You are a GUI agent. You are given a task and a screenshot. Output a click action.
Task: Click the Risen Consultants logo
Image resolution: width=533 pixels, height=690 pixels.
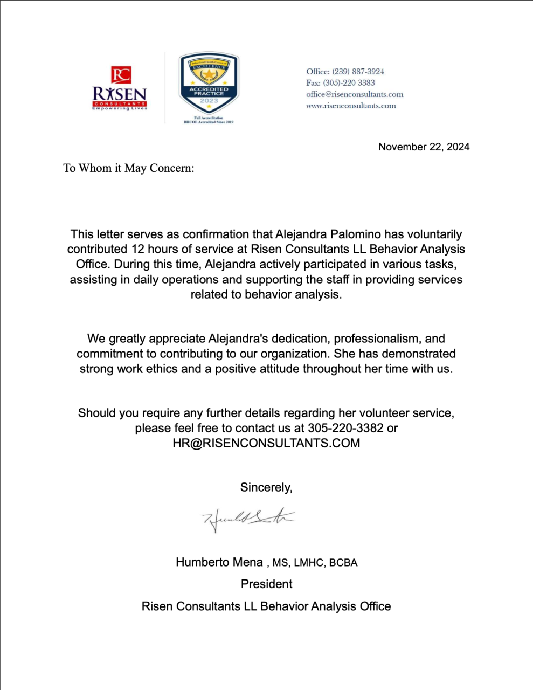(x=120, y=89)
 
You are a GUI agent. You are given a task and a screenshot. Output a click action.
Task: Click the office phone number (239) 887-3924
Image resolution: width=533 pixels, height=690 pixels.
(x=358, y=71)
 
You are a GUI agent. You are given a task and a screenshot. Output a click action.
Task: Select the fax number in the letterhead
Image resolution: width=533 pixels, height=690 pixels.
(x=349, y=82)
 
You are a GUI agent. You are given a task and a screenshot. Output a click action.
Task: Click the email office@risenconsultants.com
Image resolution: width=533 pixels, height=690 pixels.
(x=355, y=94)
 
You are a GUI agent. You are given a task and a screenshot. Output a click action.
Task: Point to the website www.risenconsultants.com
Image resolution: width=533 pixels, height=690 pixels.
(x=351, y=106)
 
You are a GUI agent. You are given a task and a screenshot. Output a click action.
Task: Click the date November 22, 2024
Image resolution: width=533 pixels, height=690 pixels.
(x=424, y=147)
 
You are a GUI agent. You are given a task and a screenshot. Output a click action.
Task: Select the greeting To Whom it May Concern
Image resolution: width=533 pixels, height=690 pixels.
(x=128, y=168)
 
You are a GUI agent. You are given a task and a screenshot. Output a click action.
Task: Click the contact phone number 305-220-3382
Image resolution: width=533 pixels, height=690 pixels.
(x=345, y=428)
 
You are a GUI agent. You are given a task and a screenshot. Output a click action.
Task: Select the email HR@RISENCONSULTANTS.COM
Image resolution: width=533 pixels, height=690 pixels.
(x=266, y=443)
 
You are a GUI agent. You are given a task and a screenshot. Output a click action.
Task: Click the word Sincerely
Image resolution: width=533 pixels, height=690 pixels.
(x=266, y=487)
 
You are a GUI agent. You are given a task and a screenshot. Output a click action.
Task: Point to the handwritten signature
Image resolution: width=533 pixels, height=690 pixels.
(x=248, y=519)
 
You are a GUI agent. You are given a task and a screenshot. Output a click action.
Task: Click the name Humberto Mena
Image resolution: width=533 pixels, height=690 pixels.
(x=219, y=562)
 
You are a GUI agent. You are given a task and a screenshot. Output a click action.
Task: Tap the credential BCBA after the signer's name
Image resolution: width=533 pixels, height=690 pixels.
(x=343, y=563)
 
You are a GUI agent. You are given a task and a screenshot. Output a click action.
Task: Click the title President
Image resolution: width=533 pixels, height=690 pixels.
(x=266, y=584)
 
